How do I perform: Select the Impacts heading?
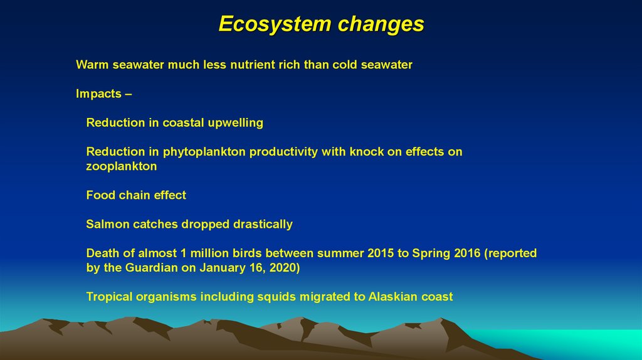(x=98, y=94)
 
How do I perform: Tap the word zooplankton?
(x=122, y=167)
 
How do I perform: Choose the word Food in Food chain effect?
(x=100, y=195)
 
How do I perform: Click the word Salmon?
(x=107, y=224)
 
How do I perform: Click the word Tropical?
(x=110, y=297)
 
